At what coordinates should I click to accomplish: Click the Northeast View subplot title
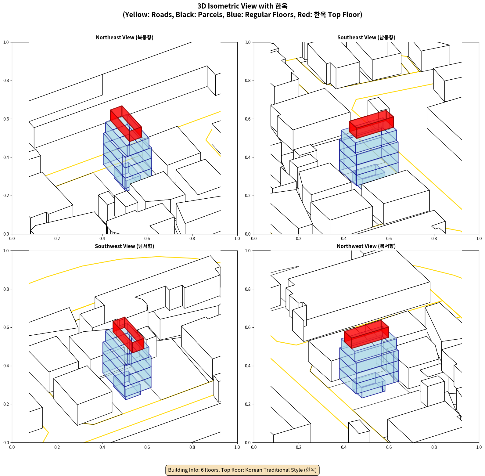pyautogui.click(x=124, y=37)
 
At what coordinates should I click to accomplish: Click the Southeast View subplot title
pyautogui.click(x=366, y=37)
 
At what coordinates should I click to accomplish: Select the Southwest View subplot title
pyautogui.click(x=124, y=246)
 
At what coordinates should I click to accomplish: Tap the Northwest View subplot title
pyautogui.click(x=366, y=246)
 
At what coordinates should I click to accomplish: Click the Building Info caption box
pyautogui.click(x=242, y=470)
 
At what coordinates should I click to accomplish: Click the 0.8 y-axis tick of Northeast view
pyautogui.click(x=6, y=81)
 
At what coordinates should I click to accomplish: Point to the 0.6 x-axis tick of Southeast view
pyautogui.click(x=389, y=239)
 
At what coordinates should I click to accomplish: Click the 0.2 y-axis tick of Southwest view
pyautogui.click(x=6, y=404)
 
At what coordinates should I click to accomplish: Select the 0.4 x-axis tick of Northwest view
pyautogui.click(x=344, y=447)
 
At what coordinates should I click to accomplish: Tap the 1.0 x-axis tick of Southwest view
pyautogui.click(x=237, y=447)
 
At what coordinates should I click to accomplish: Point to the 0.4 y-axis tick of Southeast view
pyautogui.click(x=248, y=157)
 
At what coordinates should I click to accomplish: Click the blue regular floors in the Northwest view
pyautogui.click(x=369, y=369)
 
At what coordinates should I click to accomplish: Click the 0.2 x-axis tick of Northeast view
pyautogui.click(x=57, y=239)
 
